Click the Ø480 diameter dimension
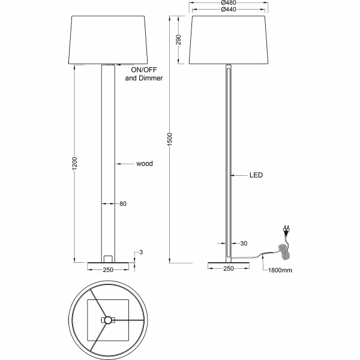pyautogui.click(x=227, y=4)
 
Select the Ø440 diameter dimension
pyautogui.click(x=227, y=10)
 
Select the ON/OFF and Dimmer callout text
pyautogui.click(x=143, y=74)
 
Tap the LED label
pyautogui.click(x=256, y=176)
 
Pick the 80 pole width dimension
pyautogui.click(x=122, y=204)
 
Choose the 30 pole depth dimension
pyautogui.click(x=244, y=243)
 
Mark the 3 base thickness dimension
pyautogui.click(x=140, y=252)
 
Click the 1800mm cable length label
pyautogui.click(x=280, y=271)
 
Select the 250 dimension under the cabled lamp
pyautogui.click(x=228, y=269)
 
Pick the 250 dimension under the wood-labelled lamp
pyautogui.click(x=108, y=269)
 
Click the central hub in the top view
pyautogui.click(x=107, y=320)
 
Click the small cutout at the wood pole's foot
pyautogui.click(x=108, y=258)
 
